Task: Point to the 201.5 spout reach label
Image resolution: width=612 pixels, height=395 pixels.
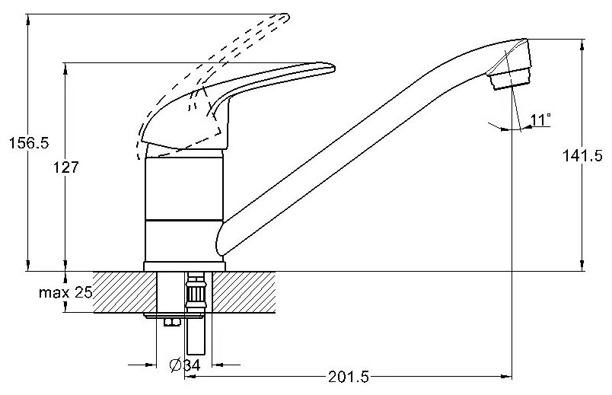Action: tap(347, 377)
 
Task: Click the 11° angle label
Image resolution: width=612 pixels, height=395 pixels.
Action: tap(540, 119)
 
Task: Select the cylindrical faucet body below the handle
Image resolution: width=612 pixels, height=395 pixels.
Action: tap(184, 205)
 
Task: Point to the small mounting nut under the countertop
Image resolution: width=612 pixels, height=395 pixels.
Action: tap(172, 323)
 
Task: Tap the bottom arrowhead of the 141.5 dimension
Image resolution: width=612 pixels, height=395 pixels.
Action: tap(584, 266)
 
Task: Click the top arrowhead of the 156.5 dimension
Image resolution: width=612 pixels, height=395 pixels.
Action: tap(28, 19)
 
